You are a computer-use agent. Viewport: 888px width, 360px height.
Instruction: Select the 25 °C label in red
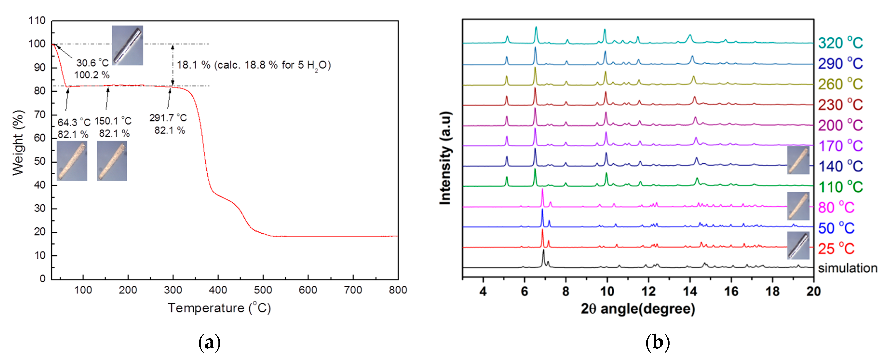click(836, 249)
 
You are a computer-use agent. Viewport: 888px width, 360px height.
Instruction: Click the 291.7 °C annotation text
click(168, 118)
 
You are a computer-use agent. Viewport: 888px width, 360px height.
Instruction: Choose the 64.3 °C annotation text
click(74, 122)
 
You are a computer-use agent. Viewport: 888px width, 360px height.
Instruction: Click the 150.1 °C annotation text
click(113, 121)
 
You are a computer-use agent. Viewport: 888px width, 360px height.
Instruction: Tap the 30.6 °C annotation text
click(92, 63)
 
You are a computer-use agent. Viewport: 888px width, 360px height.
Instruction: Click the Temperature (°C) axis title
click(219, 308)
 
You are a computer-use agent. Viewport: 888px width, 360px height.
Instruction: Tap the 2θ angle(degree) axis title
click(638, 309)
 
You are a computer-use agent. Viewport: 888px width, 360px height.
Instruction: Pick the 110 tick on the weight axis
click(37, 21)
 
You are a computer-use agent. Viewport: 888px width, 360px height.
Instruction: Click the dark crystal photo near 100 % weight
click(128, 45)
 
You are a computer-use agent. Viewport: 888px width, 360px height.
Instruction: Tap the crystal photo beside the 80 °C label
click(798, 206)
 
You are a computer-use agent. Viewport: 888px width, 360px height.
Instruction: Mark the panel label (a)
click(209, 342)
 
